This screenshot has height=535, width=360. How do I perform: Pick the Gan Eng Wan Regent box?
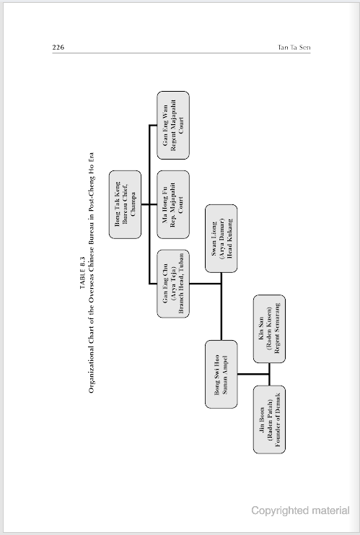pos(174,125)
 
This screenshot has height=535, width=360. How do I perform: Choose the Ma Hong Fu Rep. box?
pos(174,204)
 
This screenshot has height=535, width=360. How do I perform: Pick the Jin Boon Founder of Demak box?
pos(269,419)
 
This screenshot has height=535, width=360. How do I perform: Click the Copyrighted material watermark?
pos(300,510)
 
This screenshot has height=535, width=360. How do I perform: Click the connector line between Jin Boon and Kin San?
pos(269,374)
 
